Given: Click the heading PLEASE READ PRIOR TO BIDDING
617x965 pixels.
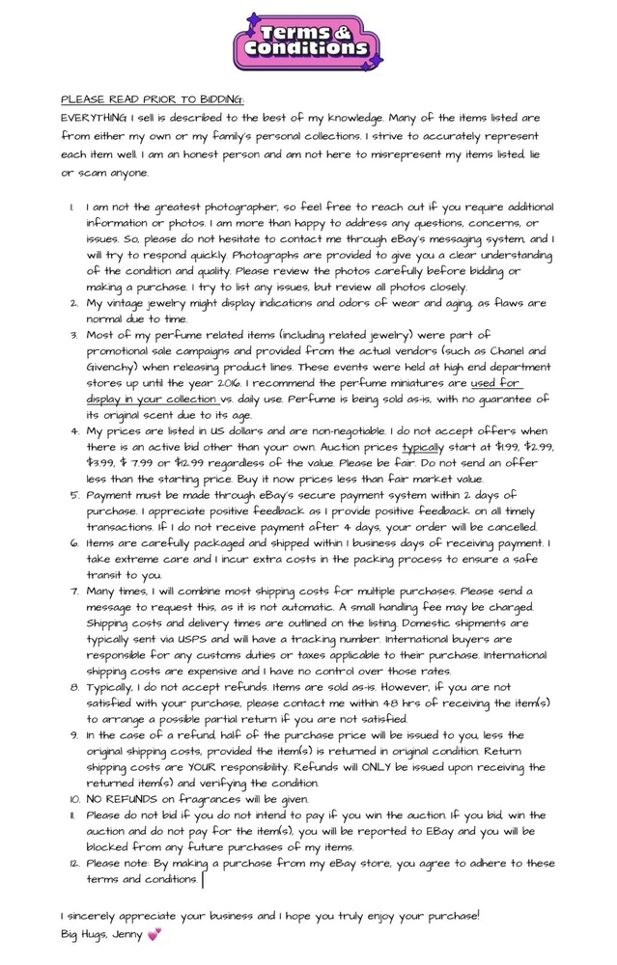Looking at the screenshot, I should (153, 99).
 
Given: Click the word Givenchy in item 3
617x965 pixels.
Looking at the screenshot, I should (116, 368).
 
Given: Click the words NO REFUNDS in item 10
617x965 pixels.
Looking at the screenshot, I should (124, 799).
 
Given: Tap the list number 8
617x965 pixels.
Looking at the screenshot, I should (74, 687).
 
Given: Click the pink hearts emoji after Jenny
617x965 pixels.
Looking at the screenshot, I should (153, 934).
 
